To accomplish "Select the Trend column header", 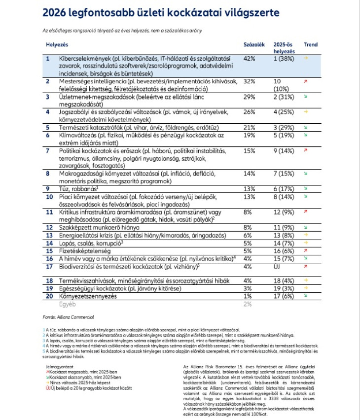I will [x=310, y=44].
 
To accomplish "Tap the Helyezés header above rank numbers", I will [x=57, y=44].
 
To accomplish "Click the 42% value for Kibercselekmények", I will [x=250, y=59].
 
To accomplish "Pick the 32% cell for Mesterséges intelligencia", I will [x=250, y=81].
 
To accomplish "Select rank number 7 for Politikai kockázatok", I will [x=47, y=150].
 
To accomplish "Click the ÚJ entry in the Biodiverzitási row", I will [x=278, y=267].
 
